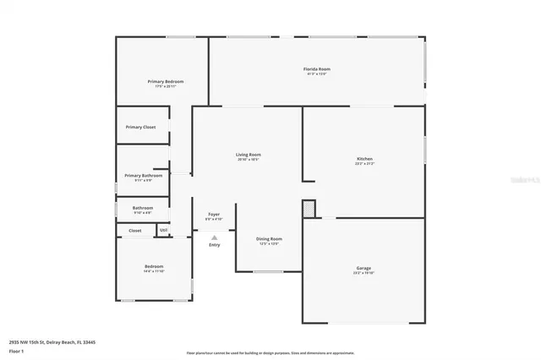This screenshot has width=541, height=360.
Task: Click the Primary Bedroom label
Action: click(x=166, y=81)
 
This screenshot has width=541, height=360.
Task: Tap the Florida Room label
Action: click(x=317, y=68)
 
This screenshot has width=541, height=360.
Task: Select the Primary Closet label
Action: click(x=141, y=127)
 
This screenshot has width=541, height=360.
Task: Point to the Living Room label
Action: click(x=248, y=155)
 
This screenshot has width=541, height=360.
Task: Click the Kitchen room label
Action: click(x=364, y=159)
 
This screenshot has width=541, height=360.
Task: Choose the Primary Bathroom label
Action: click(x=143, y=176)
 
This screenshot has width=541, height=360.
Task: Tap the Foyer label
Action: click(x=215, y=215)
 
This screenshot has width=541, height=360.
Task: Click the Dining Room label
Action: click(x=269, y=239)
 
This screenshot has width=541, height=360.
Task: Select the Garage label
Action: click(x=363, y=269)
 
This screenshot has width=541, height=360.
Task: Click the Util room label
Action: click(x=163, y=230)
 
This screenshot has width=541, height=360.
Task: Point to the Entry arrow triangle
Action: click(x=215, y=237)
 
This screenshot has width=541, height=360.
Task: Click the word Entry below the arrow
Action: click(x=215, y=245)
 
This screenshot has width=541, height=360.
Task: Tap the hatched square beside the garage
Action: click(x=309, y=208)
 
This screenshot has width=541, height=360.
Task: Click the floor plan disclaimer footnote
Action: click(x=270, y=353)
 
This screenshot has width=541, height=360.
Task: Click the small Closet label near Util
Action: click(x=135, y=230)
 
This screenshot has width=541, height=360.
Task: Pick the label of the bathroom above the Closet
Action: click(x=143, y=208)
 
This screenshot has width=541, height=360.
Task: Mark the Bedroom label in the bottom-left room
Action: click(x=154, y=267)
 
